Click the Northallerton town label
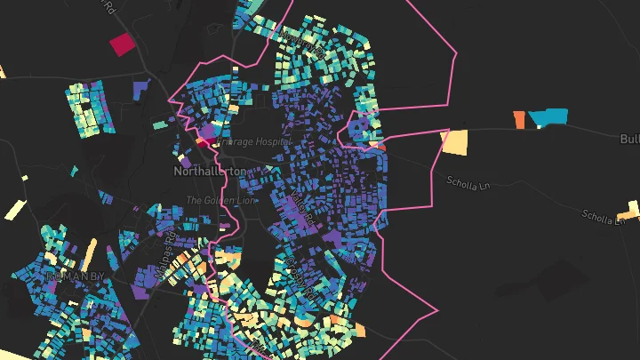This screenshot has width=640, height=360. pyautogui.click(x=210, y=170)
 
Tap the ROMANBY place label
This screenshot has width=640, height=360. pyautogui.click(x=75, y=276)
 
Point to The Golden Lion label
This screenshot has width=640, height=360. pyautogui.click(x=221, y=200)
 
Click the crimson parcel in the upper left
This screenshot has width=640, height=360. pyautogui.click(x=120, y=44)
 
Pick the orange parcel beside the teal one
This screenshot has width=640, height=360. pyautogui.click(x=520, y=119)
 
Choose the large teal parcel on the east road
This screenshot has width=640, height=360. pyautogui.click(x=548, y=117)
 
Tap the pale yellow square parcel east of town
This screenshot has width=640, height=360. pyautogui.click(x=454, y=141)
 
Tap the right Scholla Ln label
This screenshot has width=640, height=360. pyautogui.click(x=602, y=216)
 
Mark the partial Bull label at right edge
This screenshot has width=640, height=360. pyautogui.click(x=629, y=140)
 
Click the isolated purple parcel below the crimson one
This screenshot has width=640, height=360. pyautogui.click(x=140, y=88)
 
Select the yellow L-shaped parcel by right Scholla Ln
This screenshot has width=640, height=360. pyautogui.click(x=630, y=211)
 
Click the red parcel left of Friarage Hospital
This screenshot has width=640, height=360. pyautogui.click(x=204, y=140)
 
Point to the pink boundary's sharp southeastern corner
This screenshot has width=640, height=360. pyautogui.click(x=438, y=311)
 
